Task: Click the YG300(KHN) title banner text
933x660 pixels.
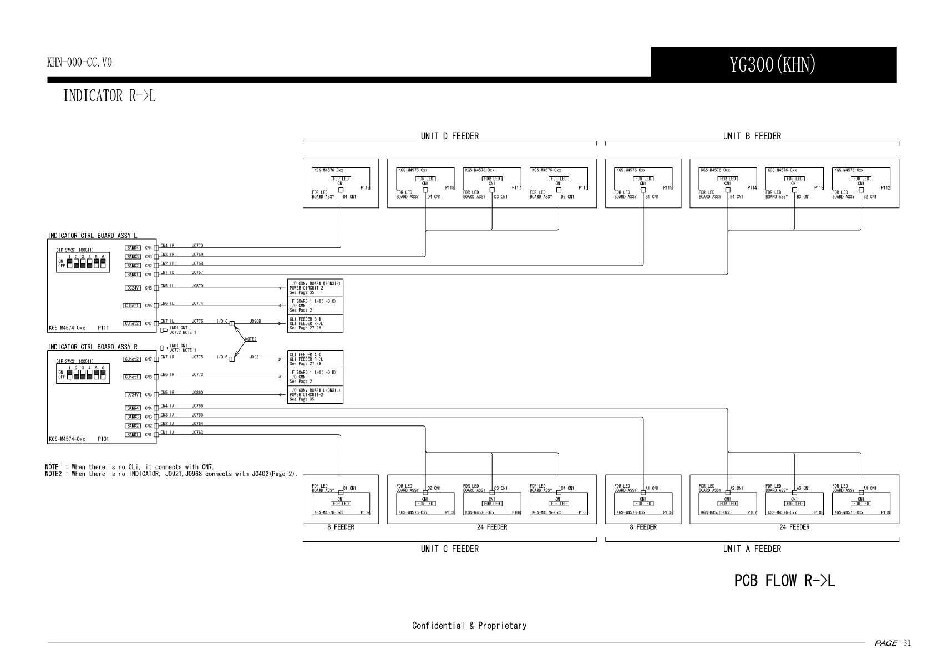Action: coord(773,65)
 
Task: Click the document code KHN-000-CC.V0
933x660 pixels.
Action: coord(79,62)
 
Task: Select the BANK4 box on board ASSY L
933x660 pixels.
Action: coord(133,248)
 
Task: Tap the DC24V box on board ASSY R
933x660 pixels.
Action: coord(133,395)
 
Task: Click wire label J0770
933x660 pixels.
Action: coord(197,246)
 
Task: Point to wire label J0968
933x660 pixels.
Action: coord(255,321)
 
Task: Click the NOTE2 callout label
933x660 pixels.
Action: coord(250,339)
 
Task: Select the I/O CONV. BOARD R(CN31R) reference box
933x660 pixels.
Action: coord(315,288)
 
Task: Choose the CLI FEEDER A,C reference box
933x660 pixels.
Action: coord(315,359)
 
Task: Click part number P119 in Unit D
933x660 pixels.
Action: coord(365,188)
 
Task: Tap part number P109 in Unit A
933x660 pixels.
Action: coord(885,513)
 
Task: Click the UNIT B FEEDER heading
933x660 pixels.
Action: coord(752,136)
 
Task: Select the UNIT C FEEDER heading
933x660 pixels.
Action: coord(449,549)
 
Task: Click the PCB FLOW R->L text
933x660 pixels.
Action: coord(784,581)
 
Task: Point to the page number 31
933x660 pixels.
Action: coord(907,643)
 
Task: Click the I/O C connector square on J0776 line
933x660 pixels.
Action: coord(232,323)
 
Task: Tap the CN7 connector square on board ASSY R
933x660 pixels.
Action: coord(156,359)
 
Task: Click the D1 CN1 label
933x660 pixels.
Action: coord(349,197)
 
